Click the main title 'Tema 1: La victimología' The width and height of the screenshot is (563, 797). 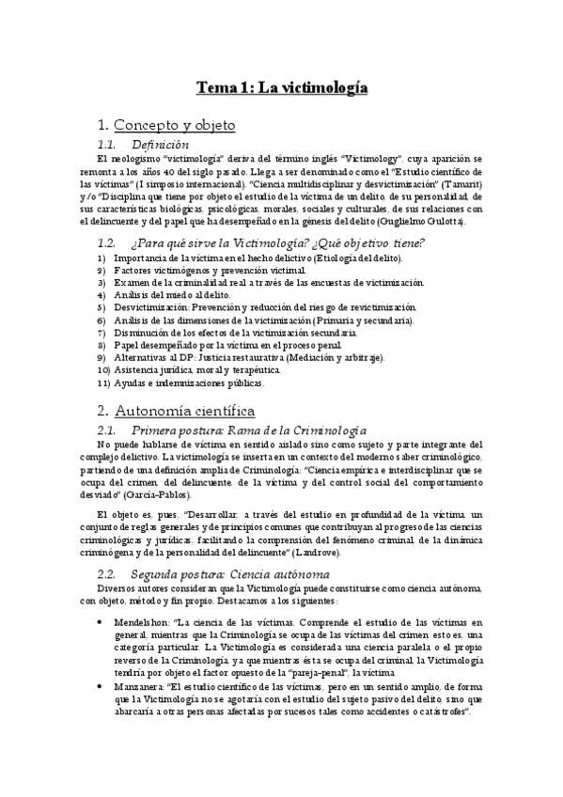(281, 88)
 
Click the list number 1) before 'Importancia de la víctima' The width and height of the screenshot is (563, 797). (102, 257)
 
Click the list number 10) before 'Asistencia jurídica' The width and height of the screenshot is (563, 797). (103, 370)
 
